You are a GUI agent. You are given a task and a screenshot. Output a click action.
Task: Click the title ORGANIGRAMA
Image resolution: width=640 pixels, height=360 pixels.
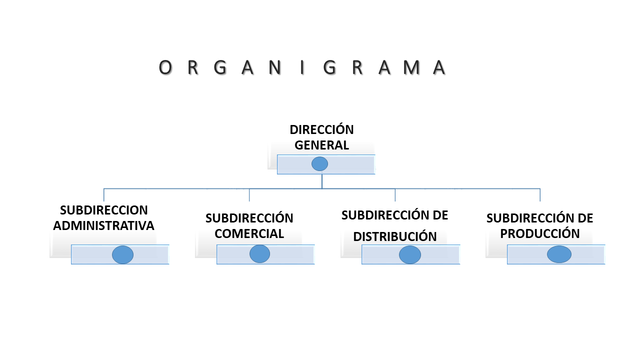(x=302, y=67)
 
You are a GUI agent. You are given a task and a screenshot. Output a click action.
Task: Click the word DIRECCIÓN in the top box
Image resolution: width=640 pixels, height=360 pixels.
(x=321, y=129)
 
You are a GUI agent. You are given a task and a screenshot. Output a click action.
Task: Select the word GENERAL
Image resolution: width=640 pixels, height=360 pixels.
(x=321, y=145)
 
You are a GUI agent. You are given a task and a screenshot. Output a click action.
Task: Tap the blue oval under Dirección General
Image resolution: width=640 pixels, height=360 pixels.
(x=319, y=163)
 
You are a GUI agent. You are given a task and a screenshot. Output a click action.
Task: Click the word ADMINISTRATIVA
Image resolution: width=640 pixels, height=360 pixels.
(x=103, y=225)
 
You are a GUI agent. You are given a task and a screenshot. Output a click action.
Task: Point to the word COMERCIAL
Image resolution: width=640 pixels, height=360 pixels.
(x=249, y=233)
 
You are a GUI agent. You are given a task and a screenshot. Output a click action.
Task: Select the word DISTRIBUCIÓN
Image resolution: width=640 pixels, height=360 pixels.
(x=395, y=236)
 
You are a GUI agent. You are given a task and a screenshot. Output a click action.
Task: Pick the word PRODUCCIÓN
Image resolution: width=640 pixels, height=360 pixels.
(x=540, y=233)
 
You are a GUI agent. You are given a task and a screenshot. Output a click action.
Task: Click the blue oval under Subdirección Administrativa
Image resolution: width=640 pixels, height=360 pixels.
(x=123, y=254)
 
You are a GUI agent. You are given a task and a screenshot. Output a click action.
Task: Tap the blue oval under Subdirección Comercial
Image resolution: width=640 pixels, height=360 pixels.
(x=259, y=253)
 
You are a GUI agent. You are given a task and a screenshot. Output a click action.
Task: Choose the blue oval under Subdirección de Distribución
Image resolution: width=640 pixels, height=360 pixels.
(x=410, y=254)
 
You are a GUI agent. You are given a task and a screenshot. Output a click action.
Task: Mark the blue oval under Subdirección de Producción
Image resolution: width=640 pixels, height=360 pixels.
(x=559, y=254)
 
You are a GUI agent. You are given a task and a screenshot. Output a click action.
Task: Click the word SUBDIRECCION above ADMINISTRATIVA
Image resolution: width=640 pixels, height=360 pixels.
(x=103, y=210)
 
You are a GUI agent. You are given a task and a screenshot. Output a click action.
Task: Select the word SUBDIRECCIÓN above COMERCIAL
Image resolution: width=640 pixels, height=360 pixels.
(x=249, y=218)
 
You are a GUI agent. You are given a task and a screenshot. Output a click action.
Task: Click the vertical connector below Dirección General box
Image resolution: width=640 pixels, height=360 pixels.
(x=322, y=181)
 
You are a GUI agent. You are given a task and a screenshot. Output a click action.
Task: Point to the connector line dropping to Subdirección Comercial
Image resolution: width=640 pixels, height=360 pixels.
(x=249, y=195)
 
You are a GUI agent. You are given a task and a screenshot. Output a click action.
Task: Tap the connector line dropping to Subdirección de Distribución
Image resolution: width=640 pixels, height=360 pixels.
(x=395, y=195)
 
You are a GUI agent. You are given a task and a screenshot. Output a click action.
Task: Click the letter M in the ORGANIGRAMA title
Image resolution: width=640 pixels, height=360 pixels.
(x=411, y=67)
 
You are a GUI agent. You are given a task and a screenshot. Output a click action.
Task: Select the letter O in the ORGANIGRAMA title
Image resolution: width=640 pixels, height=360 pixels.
(x=165, y=67)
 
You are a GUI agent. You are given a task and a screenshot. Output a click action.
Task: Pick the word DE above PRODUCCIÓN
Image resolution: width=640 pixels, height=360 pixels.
(x=585, y=218)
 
